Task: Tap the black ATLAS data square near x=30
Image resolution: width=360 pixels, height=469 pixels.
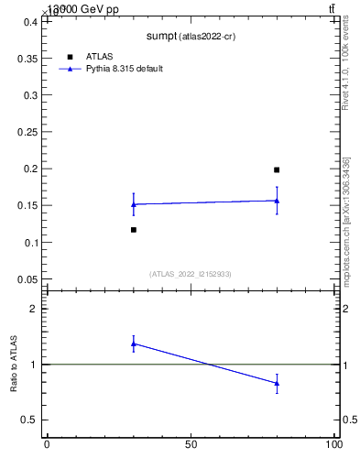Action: [x=134, y=230]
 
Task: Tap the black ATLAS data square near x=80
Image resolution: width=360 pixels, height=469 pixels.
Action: [x=277, y=169]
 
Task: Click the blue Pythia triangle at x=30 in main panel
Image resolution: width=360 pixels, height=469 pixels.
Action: [x=134, y=204]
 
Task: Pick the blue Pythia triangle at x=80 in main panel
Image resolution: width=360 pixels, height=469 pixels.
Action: [x=277, y=201]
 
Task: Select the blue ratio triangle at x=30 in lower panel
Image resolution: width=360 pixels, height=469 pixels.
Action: [x=134, y=344]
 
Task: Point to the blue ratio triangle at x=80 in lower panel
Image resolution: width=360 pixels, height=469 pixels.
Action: [x=277, y=383]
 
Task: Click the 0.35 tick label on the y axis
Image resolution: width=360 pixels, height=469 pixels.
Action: [x=27, y=58]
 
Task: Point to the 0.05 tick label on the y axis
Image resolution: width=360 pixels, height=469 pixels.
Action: [x=27, y=279]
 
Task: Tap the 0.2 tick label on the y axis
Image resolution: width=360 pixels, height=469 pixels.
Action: [x=30, y=169]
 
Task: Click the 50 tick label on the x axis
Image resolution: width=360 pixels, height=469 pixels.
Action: [x=191, y=446]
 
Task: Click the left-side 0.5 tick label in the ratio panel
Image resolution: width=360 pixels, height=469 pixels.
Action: [x=30, y=420]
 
